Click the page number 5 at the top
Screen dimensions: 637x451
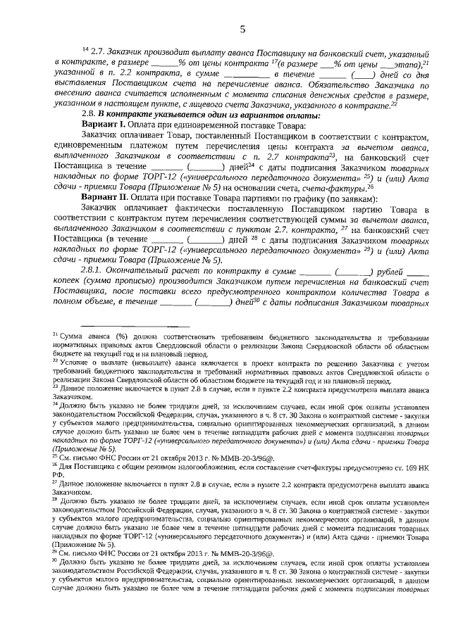click(x=242, y=29)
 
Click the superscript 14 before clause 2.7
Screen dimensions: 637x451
click(x=86, y=52)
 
